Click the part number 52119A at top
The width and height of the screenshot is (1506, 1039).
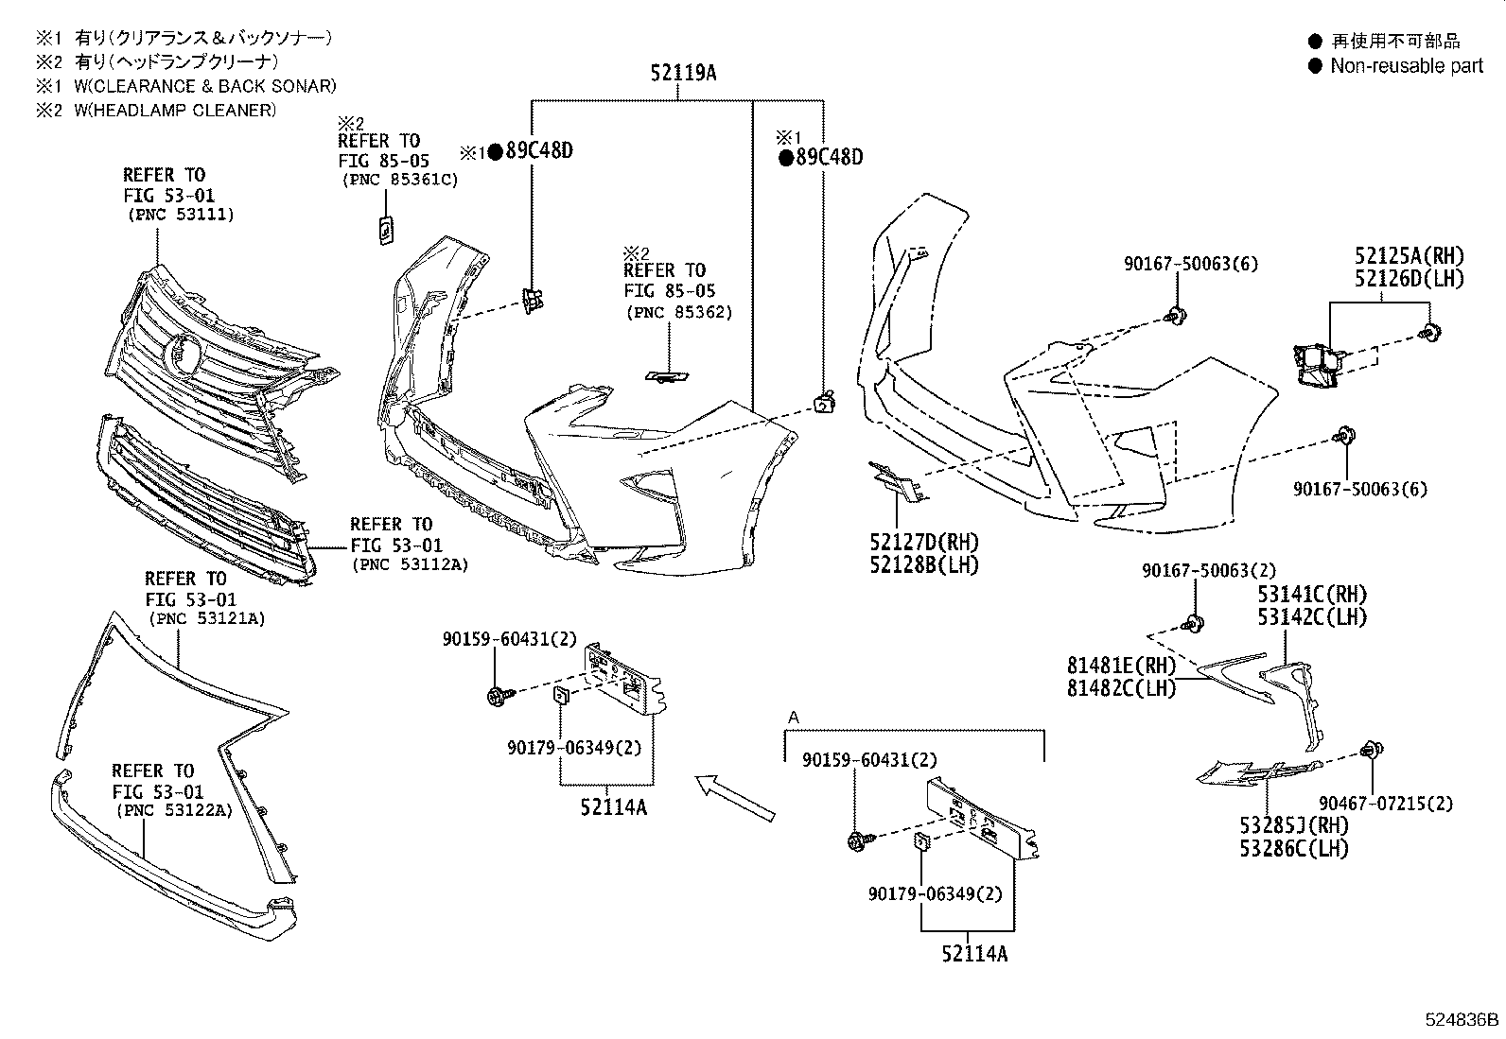coord(682,72)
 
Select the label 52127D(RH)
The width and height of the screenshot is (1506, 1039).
coord(924,543)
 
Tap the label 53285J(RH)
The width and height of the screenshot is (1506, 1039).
coord(1294,825)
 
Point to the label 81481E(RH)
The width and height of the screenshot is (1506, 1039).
coord(1122,666)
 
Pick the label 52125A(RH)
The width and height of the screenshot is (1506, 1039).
coord(1409,255)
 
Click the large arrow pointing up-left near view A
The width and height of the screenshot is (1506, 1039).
coord(734,797)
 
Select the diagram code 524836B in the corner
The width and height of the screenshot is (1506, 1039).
coord(1462,1020)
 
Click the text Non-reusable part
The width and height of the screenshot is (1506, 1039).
coord(1407,65)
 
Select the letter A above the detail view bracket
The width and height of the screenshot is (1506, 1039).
coord(793,719)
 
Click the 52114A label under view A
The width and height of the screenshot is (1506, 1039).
coord(973,954)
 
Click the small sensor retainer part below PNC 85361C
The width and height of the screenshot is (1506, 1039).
coord(385,230)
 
